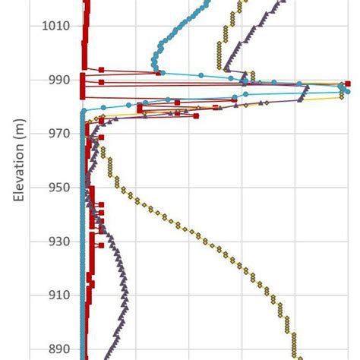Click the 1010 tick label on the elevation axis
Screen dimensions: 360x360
(x=57, y=26)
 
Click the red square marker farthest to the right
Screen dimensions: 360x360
(x=348, y=84)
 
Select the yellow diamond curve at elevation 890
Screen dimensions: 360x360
(x=295, y=349)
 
